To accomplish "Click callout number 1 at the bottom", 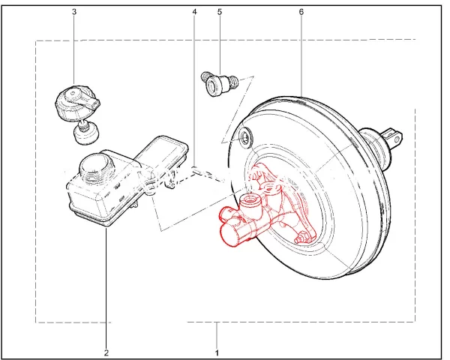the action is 217,352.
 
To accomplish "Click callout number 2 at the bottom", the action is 106,352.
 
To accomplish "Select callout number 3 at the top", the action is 74,12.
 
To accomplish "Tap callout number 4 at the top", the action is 194,12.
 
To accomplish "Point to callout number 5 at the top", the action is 220,12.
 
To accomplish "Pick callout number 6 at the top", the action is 301,12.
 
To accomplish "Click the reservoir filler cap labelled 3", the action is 76,103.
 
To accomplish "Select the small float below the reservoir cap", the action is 85,132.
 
